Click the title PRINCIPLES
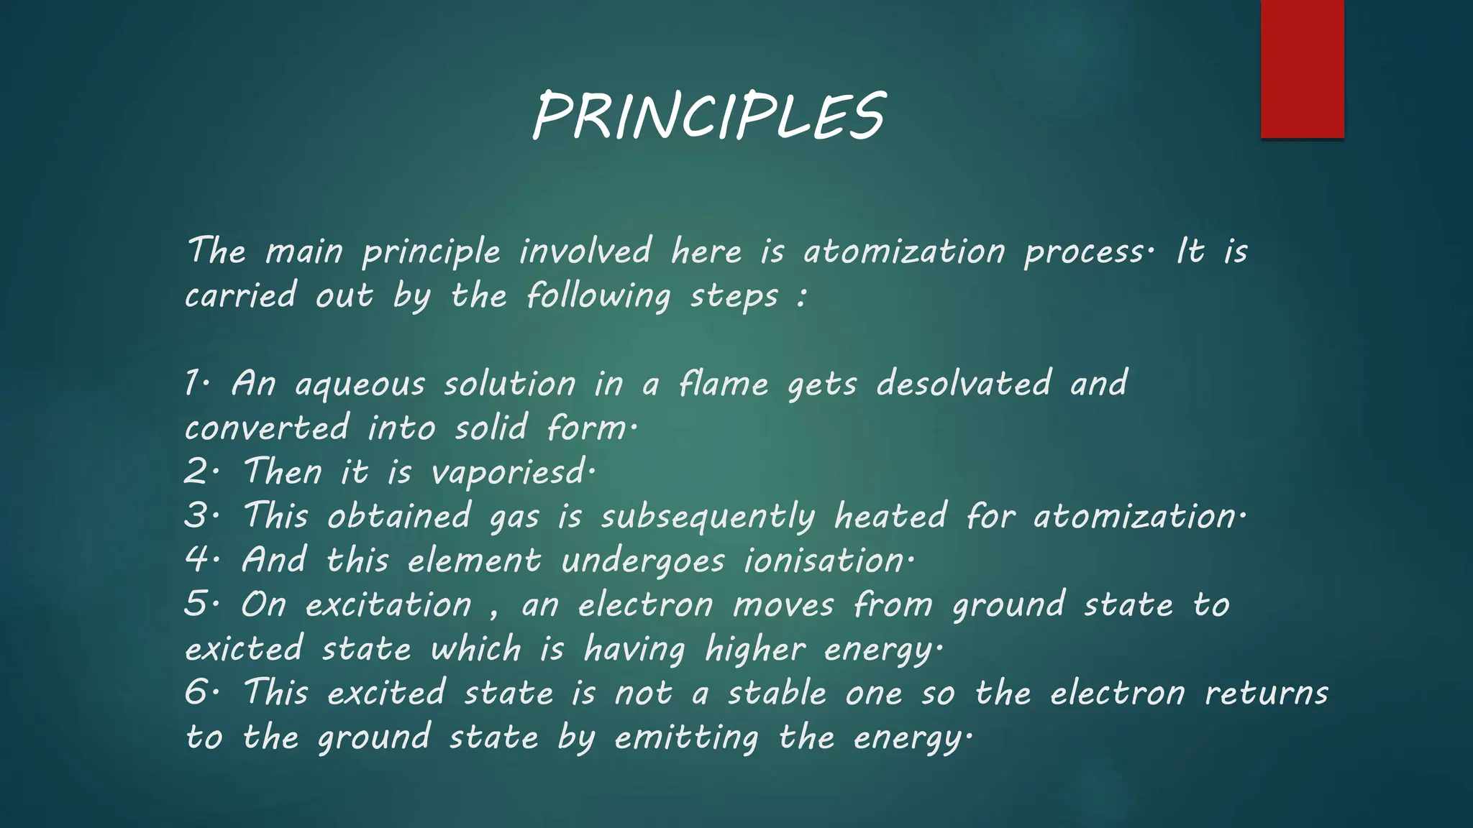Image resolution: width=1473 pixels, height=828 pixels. pos(708,116)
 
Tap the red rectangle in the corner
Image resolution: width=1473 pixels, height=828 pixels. pos(1302,69)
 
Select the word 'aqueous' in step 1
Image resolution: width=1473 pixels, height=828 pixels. pos(360,385)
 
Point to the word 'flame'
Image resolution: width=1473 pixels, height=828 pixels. pos(724,383)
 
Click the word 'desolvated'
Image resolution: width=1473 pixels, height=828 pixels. pos(964,383)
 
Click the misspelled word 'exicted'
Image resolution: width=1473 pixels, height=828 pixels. pos(243,649)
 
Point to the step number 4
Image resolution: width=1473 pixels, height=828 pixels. pos(196,561)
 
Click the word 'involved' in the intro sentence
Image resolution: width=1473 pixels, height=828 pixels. pos(585,252)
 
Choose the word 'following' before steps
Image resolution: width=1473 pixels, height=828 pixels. pos(598,296)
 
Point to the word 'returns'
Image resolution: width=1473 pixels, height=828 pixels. pos(1266,694)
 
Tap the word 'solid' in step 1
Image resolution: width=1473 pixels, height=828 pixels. pos(491,428)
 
